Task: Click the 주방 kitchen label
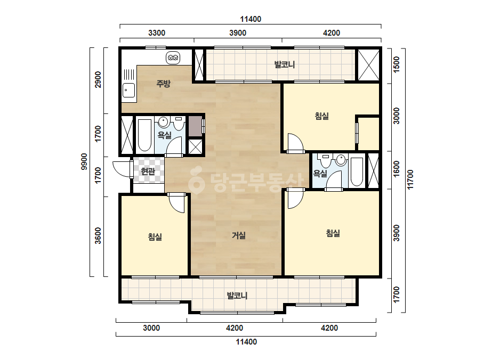pos(163,84)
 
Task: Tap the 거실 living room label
pos(238,235)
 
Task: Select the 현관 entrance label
pos(148,171)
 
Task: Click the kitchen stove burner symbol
pos(173,58)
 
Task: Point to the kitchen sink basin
pos(128,91)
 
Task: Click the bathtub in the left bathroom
pos(144,135)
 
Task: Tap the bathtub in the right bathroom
pos(357,172)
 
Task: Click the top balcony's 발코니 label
pos(285,65)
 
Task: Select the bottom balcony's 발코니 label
pos(237,296)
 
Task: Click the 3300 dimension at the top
pos(157,33)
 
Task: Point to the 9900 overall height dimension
pos(84,162)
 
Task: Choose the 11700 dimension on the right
pos(410,179)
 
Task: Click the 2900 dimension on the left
pos(98,80)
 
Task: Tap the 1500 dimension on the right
pos(396,64)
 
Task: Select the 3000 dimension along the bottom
pos(151,328)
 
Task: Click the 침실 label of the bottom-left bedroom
pos(155,236)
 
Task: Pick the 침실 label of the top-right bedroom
pos(321,116)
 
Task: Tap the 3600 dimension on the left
pos(98,235)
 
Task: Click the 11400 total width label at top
pos(251,19)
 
